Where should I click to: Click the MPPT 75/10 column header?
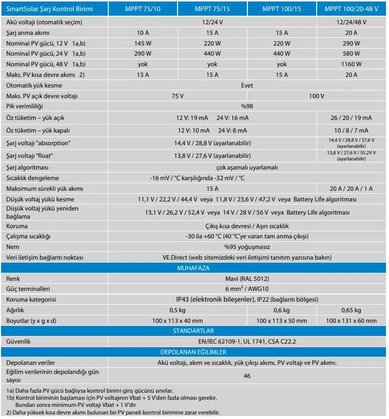click(x=143, y=9)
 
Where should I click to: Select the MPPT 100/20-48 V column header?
click(x=351, y=9)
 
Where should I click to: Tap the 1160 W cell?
click(x=351, y=64)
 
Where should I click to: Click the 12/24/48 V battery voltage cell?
click(x=351, y=22)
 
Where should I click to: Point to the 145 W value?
click(x=143, y=44)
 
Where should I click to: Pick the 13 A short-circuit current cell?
click(x=143, y=75)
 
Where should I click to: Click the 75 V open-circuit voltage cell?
click(x=178, y=96)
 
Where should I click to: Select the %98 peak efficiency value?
click(x=247, y=107)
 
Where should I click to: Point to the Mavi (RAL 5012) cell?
click(x=247, y=278)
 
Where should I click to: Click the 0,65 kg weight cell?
click(x=351, y=310)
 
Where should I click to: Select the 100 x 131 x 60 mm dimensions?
click(x=351, y=321)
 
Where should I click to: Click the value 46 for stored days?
click(x=247, y=376)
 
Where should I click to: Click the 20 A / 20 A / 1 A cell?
click(x=351, y=189)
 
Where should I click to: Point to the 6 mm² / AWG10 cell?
click(x=247, y=289)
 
